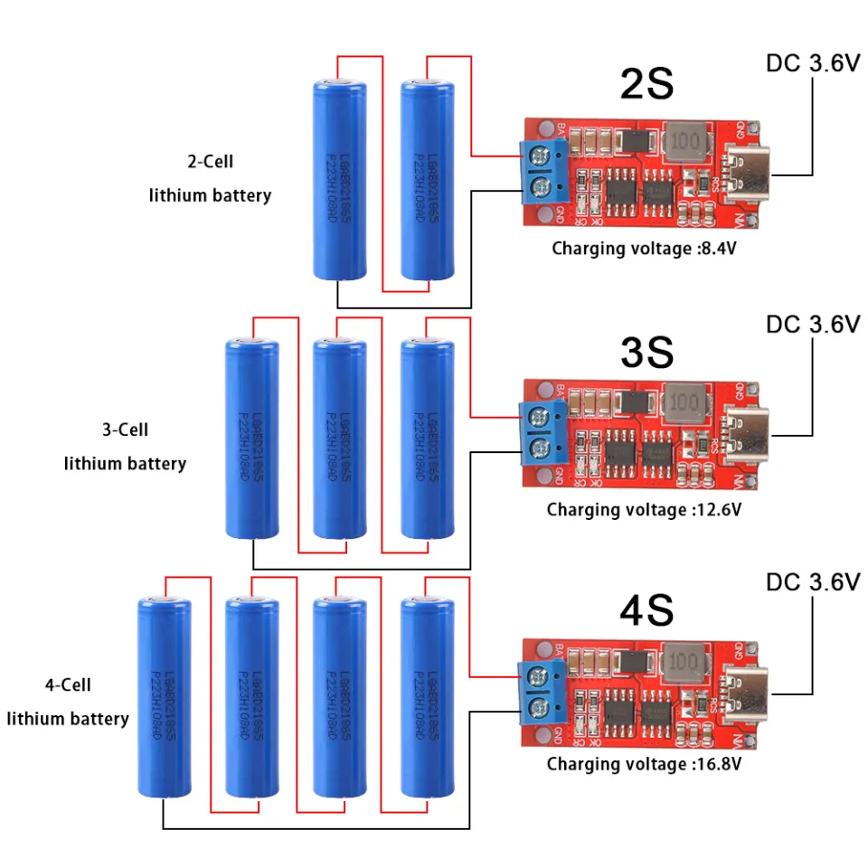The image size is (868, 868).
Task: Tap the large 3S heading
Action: (x=646, y=353)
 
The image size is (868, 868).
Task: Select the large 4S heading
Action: (x=646, y=611)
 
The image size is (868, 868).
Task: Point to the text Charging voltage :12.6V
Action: (x=643, y=510)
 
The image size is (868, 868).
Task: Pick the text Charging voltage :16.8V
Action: (x=643, y=765)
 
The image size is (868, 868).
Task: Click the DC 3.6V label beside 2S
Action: (x=813, y=64)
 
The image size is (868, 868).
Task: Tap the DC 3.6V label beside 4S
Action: (x=813, y=582)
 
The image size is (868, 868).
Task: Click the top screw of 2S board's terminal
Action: (x=542, y=155)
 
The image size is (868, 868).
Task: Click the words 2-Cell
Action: (x=210, y=162)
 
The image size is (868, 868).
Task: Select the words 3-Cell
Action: (x=125, y=429)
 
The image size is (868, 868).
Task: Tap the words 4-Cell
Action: (x=68, y=685)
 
